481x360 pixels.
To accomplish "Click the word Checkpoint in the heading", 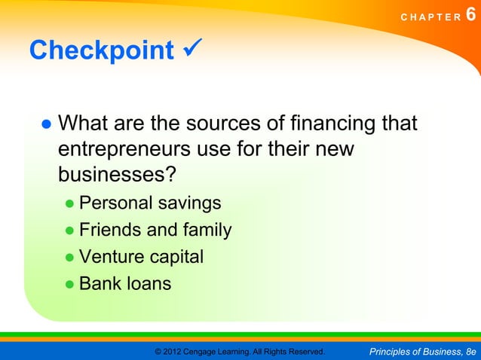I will (101, 50).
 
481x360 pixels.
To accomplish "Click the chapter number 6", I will (472, 15).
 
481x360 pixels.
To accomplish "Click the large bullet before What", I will (45, 124).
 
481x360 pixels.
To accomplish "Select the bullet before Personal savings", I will (69, 204).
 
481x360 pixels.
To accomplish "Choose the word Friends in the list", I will (110, 230).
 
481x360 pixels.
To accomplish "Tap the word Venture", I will (112, 257).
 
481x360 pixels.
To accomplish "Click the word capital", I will (176, 258).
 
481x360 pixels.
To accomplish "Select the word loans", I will (149, 284).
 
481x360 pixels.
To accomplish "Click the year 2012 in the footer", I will (173, 352).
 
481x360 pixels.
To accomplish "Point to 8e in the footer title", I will (470, 352).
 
